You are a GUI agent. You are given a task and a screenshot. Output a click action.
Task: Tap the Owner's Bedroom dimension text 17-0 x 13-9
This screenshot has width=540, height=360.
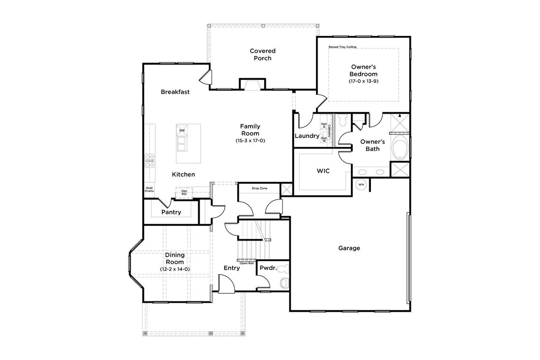click(x=363, y=81)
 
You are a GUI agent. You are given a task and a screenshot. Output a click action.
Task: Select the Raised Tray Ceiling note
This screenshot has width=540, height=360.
click(x=343, y=47)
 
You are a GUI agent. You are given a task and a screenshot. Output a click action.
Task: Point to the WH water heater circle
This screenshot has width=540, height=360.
click(x=361, y=184)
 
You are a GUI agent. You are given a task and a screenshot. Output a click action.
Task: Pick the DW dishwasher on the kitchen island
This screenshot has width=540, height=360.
click(x=182, y=130)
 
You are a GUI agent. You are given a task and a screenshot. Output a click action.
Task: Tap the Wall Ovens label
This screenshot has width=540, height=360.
click(x=149, y=189)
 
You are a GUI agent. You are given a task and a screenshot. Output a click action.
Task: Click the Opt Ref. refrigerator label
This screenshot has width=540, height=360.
click(x=184, y=192)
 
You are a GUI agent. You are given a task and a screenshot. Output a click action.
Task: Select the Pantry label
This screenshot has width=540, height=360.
click(x=171, y=212)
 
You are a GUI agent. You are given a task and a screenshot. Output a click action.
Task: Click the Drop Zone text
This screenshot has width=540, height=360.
click(x=259, y=188)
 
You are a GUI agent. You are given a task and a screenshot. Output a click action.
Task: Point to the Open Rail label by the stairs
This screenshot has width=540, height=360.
click(x=246, y=263)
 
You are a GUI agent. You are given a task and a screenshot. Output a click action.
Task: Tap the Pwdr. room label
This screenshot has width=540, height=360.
click(x=268, y=268)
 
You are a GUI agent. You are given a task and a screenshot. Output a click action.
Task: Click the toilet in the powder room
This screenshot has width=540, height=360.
click(x=284, y=282)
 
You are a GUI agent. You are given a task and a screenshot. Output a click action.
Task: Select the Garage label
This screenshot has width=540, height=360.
click(x=349, y=248)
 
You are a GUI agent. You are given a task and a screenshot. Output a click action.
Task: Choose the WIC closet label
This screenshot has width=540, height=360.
click(x=323, y=171)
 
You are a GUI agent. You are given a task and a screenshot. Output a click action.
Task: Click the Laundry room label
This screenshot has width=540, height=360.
click(x=307, y=136)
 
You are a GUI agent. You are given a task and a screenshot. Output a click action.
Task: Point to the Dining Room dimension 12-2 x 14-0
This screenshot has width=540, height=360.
click(x=175, y=269)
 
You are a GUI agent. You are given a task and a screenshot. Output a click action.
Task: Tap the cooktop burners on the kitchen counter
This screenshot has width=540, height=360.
click(x=150, y=160)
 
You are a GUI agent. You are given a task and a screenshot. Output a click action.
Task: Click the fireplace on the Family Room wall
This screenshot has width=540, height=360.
click(x=252, y=85)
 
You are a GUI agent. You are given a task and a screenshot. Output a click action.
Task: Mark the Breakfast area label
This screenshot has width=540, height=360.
click(x=175, y=92)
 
